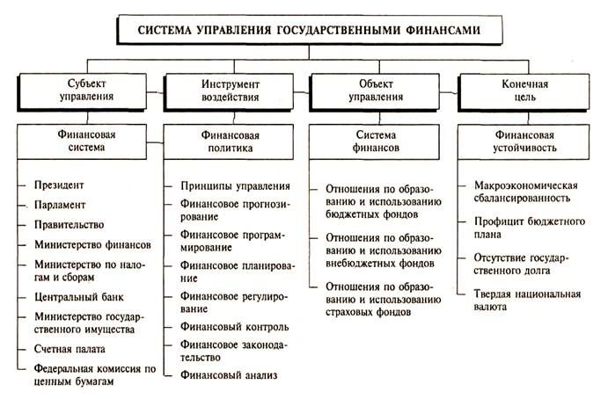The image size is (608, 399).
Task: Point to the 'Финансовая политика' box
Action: click(226, 142)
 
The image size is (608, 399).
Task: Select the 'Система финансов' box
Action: click(376, 142)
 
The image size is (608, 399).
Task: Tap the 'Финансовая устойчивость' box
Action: click(526, 142)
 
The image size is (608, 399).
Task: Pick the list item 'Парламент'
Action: click(60, 205)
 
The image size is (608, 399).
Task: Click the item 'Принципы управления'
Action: click(235, 185)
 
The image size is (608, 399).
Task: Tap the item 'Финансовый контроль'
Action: click(233, 326)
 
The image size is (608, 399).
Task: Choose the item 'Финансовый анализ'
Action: click(228, 375)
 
